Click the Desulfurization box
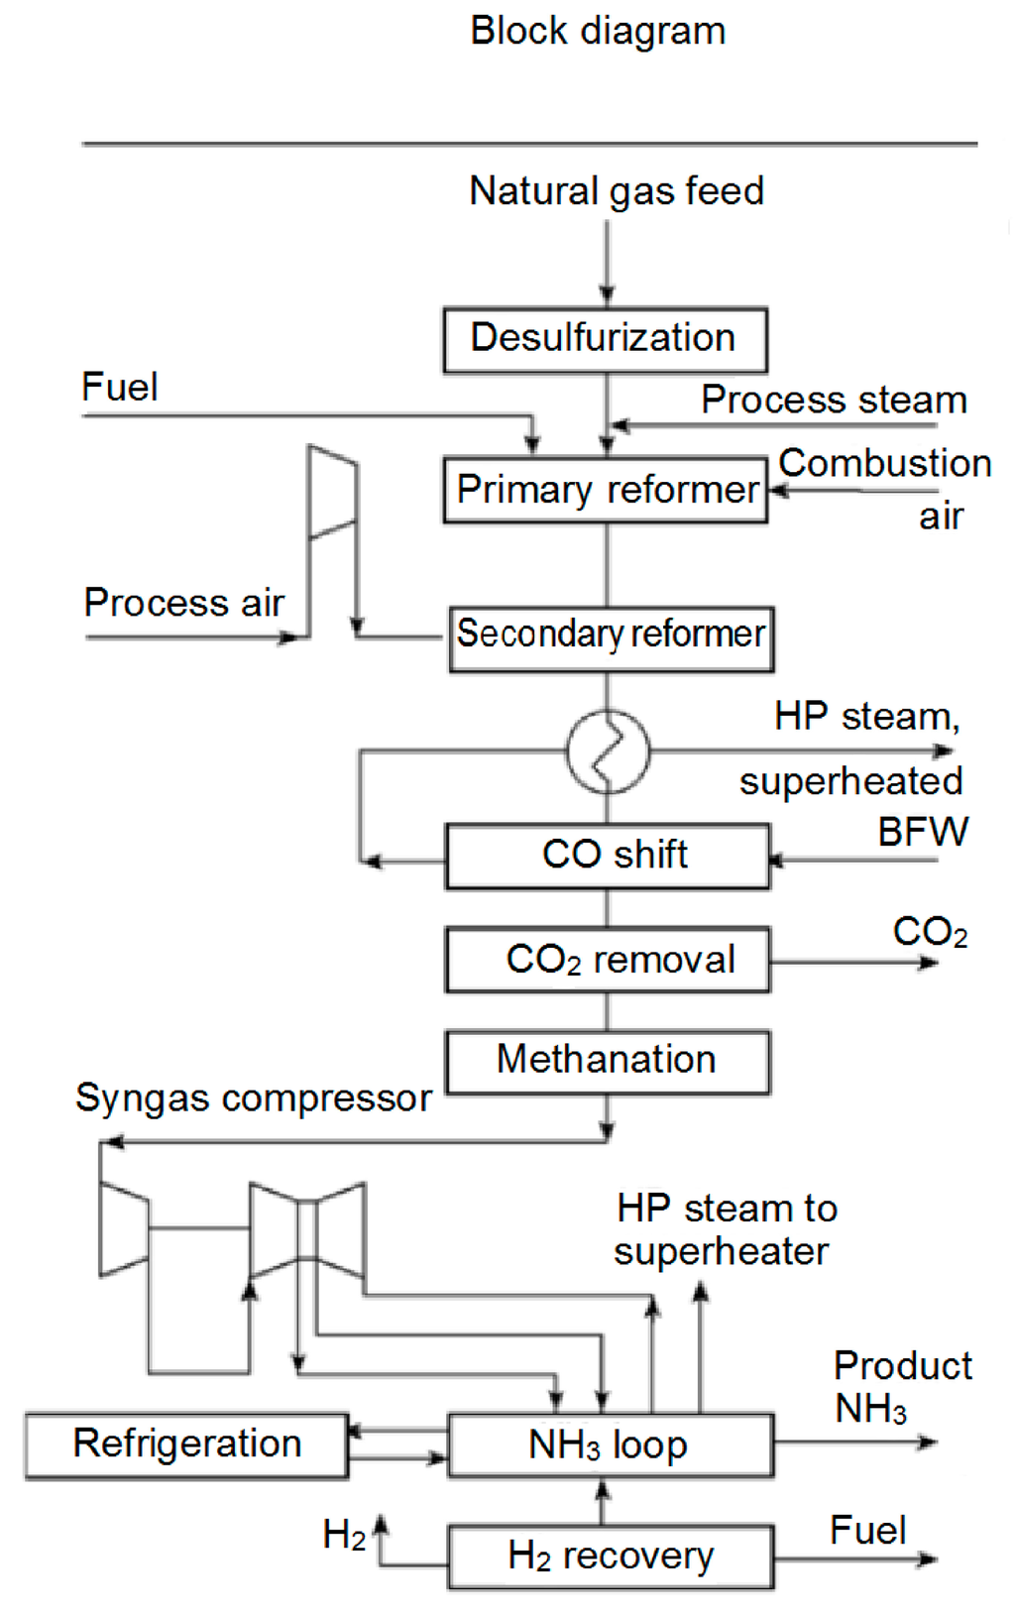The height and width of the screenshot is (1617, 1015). click(605, 340)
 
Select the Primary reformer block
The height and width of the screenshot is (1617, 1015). click(605, 490)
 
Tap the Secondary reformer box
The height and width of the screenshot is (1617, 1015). click(611, 638)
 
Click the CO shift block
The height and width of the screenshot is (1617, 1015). click(607, 856)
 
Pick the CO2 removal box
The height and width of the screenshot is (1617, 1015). click(607, 960)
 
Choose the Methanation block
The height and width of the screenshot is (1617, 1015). click(607, 1062)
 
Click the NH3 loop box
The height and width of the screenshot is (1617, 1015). click(610, 1445)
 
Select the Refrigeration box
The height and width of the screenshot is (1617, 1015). click(186, 1445)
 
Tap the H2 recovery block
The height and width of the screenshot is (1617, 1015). click(610, 1558)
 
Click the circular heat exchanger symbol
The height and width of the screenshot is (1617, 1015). click(608, 751)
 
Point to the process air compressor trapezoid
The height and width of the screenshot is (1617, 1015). click(332, 493)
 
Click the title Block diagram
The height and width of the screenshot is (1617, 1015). click(598, 31)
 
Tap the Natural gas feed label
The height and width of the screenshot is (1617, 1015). click(617, 190)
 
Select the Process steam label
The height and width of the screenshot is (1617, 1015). click(834, 400)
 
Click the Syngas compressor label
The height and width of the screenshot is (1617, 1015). click(254, 1098)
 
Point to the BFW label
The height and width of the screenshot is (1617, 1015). click(922, 832)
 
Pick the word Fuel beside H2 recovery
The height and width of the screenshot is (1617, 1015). click(867, 1531)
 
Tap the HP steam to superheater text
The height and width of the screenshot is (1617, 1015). click(726, 1229)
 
